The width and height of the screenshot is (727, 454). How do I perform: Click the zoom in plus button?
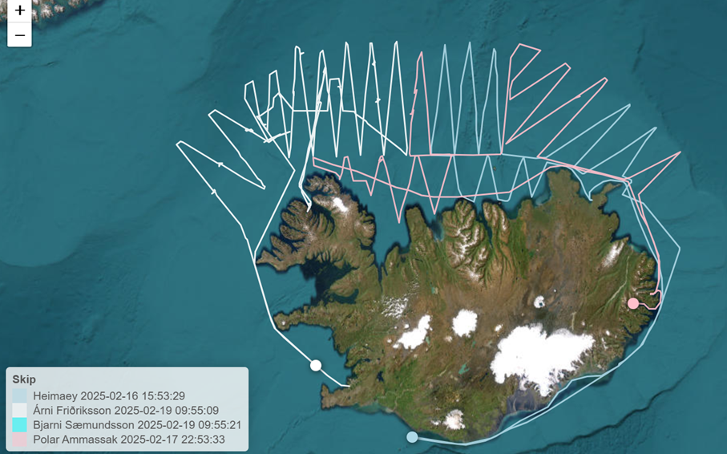(x=19, y=12)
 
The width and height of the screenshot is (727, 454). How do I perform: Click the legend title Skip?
(x=24, y=379)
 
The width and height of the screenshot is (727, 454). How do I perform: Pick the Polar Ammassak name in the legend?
(x=73, y=439)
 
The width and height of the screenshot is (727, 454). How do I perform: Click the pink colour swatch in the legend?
(x=20, y=439)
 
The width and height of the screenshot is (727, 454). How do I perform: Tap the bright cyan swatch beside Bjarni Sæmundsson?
(x=20, y=424)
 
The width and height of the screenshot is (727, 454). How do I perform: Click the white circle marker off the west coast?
(x=316, y=365)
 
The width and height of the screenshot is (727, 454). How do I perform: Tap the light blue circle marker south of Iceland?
(x=412, y=437)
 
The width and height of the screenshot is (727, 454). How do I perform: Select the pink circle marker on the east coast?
(x=633, y=302)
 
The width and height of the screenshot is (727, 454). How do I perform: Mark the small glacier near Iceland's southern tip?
(x=454, y=420)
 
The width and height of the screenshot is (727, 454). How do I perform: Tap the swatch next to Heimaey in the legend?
(x=20, y=395)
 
